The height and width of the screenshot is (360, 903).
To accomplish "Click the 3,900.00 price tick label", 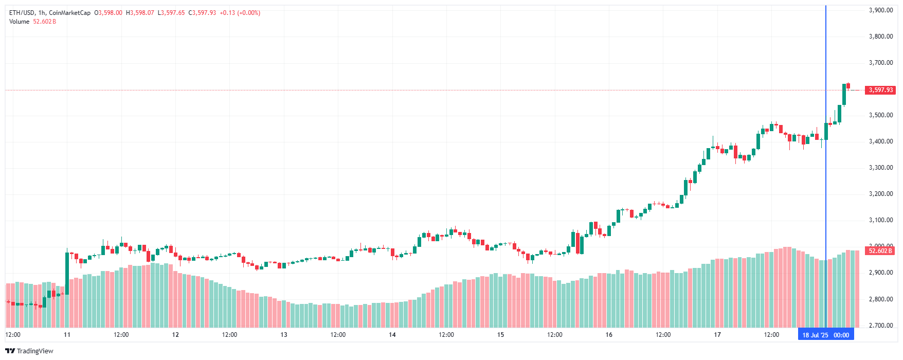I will (x=880, y=10).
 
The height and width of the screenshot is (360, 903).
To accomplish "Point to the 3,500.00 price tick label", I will (x=880, y=115).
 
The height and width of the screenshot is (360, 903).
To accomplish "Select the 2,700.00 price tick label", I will (x=880, y=326).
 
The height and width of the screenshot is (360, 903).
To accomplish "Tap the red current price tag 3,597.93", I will (x=880, y=90).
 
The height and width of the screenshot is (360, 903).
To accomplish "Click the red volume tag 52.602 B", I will (x=880, y=251).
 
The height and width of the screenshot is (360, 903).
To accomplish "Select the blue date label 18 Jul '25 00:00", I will (x=825, y=335).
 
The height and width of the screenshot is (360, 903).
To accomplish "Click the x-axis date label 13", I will (x=284, y=335).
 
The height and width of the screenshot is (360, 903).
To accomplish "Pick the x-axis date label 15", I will (x=500, y=335).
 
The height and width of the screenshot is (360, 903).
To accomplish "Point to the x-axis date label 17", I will (x=717, y=335).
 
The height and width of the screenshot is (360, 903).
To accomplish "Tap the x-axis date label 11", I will (x=67, y=335).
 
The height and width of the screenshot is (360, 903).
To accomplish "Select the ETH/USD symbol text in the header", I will (x=22, y=13).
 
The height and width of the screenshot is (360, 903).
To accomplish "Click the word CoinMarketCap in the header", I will (x=69, y=13).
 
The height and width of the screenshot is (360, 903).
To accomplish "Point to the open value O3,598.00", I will (x=108, y=13).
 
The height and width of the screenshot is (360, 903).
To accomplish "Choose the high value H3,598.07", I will (x=140, y=13).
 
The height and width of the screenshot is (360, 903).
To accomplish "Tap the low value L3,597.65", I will (x=171, y=13).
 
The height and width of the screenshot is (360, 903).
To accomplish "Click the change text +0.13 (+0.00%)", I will (x=240, y=13).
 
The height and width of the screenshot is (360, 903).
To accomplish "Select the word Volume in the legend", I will (x=19, y=22).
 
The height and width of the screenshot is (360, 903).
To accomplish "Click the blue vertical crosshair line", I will (x=826, y=154).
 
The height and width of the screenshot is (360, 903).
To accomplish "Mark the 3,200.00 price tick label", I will (x=880, y=194).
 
